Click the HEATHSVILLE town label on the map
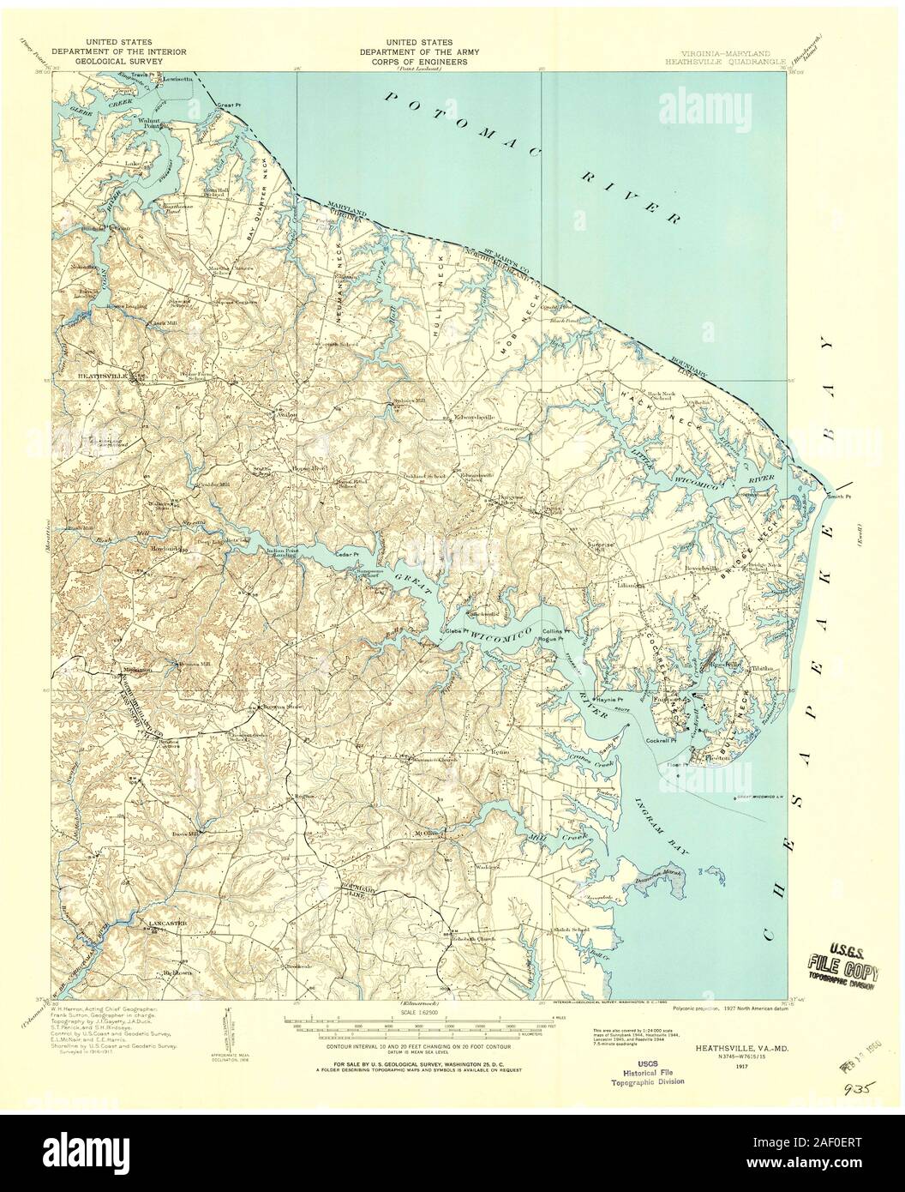pyautogui.click(x=103, y=376)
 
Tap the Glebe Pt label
pyautogui.click(x=452, y=631)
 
